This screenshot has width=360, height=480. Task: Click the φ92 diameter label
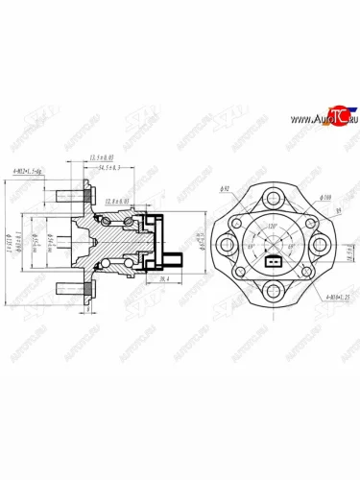click(x=224, y=191)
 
